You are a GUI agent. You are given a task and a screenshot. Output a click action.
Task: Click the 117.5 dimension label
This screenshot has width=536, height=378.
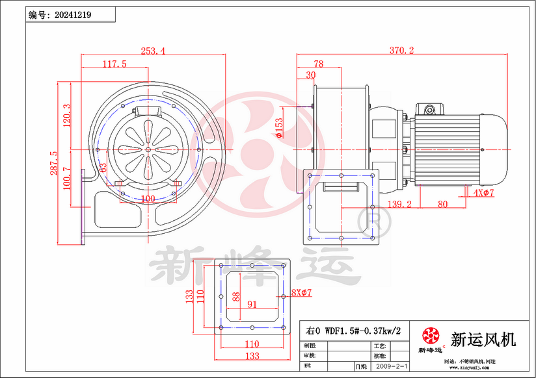coord(114,64)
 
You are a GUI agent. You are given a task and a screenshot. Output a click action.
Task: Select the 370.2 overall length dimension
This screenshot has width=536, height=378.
coord(402,51)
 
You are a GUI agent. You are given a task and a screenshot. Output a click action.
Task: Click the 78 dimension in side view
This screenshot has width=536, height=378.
coord(318,64)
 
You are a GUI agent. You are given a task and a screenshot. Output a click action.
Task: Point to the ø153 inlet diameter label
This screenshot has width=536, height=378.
coord(279,128)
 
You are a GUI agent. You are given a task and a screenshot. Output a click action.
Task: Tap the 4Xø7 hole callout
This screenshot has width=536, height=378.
coord(484,194)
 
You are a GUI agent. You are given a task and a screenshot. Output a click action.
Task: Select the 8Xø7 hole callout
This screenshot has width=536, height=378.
coord(302,293)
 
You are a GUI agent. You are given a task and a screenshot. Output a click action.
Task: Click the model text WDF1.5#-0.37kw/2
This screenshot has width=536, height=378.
coord(353,330)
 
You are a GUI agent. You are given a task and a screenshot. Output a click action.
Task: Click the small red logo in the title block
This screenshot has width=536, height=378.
coord(430,336)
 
